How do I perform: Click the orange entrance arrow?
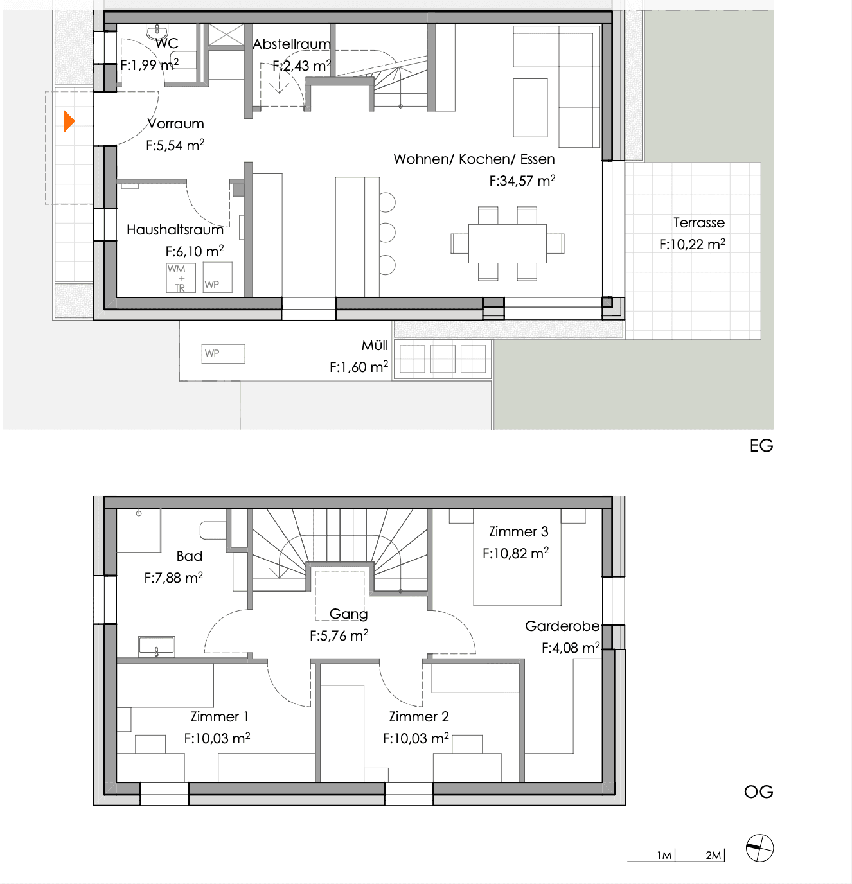tap(69, 121)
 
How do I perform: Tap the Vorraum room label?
tap(176, 123)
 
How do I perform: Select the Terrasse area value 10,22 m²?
tap(692, 244)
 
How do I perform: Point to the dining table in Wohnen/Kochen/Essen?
tap(507, 243)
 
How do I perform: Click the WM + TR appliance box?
tap(181, 278)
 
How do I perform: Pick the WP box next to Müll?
tap(223, 354)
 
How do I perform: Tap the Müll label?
tap(375, 345)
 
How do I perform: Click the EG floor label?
tap(761, 446)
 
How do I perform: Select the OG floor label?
tap(758, 791)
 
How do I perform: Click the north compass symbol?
tap(759, 847)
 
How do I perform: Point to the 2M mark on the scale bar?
tap(713, 855)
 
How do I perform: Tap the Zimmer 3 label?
tap(519, 531)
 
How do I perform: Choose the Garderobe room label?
tap(562, 626)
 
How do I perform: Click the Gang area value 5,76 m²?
tap(339, 635)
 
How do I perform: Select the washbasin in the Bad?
tap(156, 646)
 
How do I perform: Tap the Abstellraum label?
tap(292, 44)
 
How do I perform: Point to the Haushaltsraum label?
tap(175, 230)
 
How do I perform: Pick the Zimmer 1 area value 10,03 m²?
tap(217, 738)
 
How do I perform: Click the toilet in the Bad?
tap(213, 530)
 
